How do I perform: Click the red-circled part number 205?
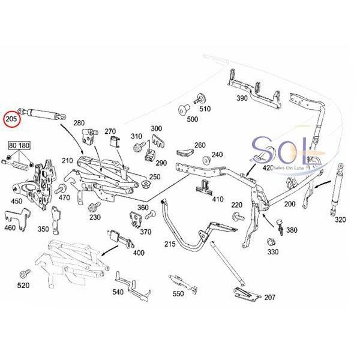point(11,119)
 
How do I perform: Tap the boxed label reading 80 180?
point(19,146)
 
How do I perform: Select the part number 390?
point(242,98)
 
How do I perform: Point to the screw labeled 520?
point(25,274)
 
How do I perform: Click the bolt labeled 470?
point(61,189)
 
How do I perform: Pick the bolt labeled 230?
point(94,206)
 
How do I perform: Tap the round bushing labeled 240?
point(206,160)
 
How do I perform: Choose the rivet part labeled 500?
point(184,110)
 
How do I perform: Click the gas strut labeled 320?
point(337,190)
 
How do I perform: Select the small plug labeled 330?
point(271,242)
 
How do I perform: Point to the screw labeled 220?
point(238,217)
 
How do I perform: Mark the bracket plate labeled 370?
point(136,219)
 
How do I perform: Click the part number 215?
point(170,244)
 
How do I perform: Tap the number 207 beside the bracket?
point(270,298)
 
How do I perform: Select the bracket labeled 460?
point(18,218)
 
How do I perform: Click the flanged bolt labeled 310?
point(139,146)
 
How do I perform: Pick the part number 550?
point(178,293)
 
